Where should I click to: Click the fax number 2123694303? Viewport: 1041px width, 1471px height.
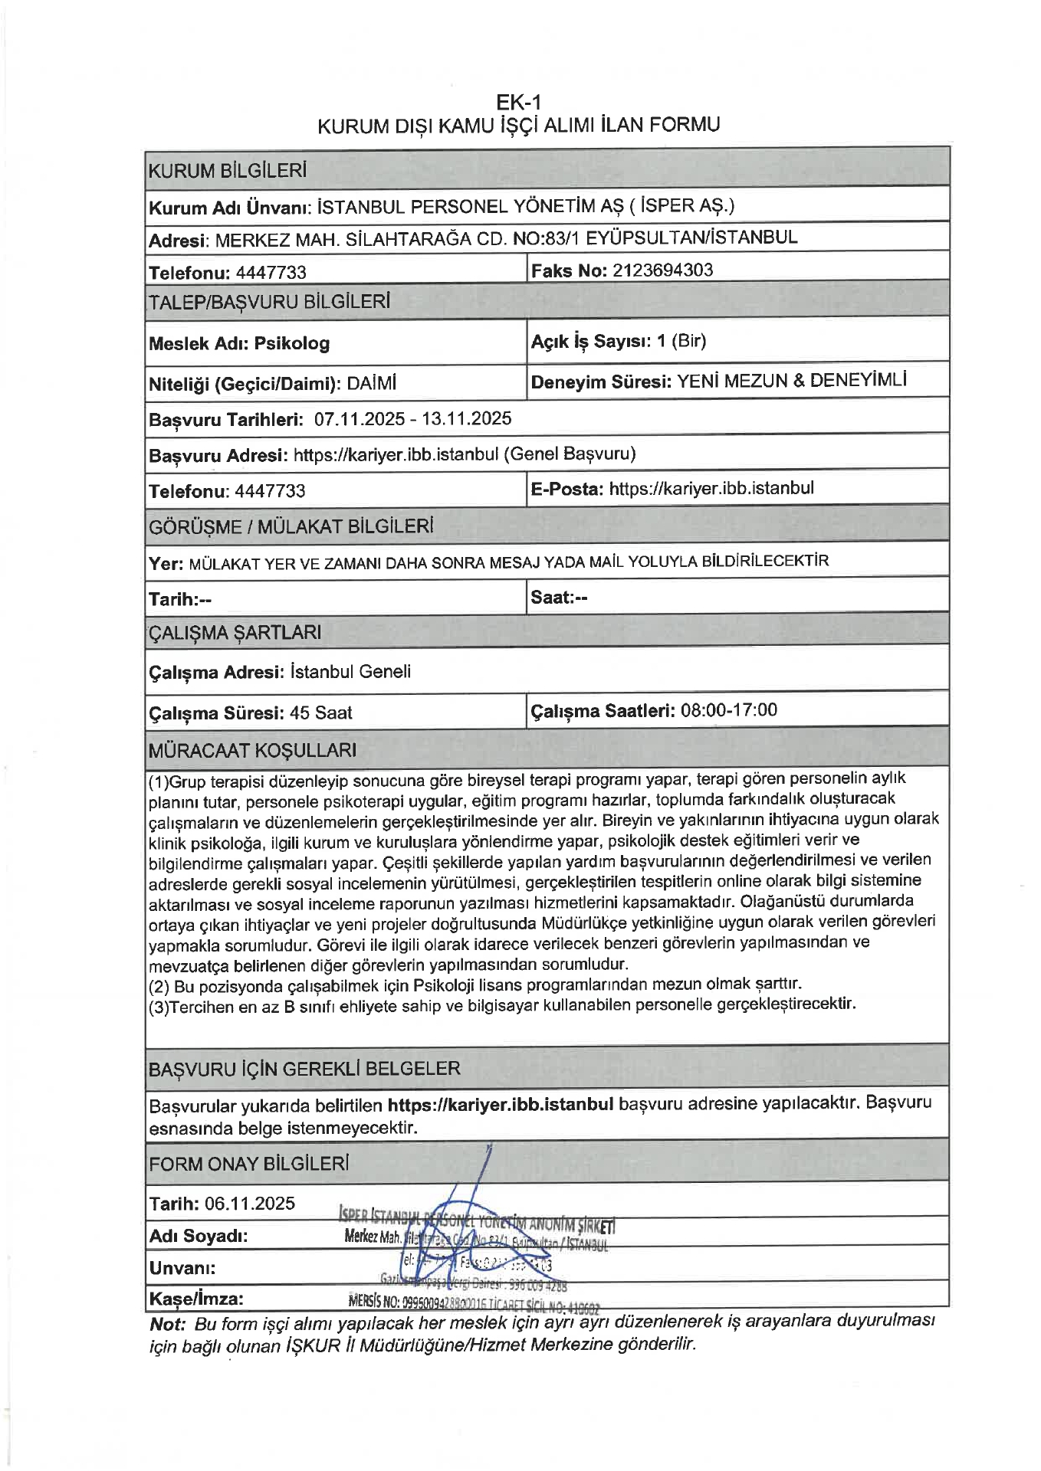tap(663, 270)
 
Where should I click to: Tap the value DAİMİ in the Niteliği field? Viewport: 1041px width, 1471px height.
tap(371, 383)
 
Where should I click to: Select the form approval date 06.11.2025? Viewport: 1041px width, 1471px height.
tap(249, 1203)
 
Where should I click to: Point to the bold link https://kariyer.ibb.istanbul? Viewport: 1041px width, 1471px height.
tap(501, 1104)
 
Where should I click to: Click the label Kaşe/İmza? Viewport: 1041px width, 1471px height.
tap(196, 1299)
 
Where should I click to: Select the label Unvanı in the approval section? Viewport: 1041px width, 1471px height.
tap(182, 1267)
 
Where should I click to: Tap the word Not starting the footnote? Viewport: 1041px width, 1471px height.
tap(167, 1324)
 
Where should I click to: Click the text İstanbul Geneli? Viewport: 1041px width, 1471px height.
tap(350, 672)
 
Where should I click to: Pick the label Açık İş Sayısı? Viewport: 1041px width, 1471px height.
tap(590, 342)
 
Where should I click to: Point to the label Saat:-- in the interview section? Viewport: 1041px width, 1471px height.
tap(559, 598)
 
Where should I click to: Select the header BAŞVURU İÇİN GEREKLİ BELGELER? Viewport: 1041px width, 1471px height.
tap(304, 1069)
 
